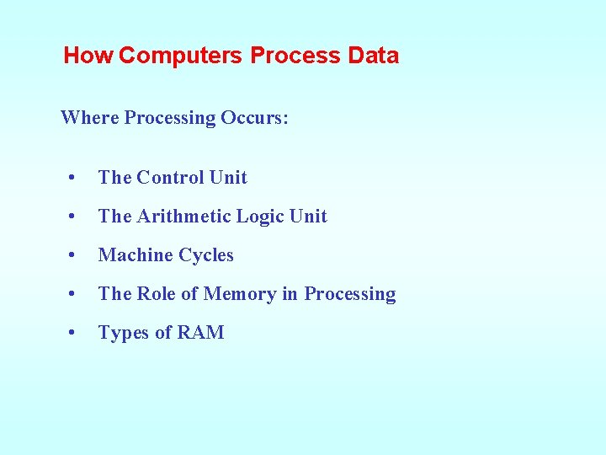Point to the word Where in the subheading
point(89,118)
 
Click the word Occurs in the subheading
point(254,118)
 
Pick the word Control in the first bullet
point(169,178)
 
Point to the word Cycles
point(205,255)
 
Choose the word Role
point(157,294)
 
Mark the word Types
point(123,333)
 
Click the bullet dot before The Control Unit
point(75,178)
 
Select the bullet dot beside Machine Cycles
point(75,255)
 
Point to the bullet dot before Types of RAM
point(75,333)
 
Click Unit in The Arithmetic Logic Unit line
point(308,217)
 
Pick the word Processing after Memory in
point(350,294)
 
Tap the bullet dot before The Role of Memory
point(75,294)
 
